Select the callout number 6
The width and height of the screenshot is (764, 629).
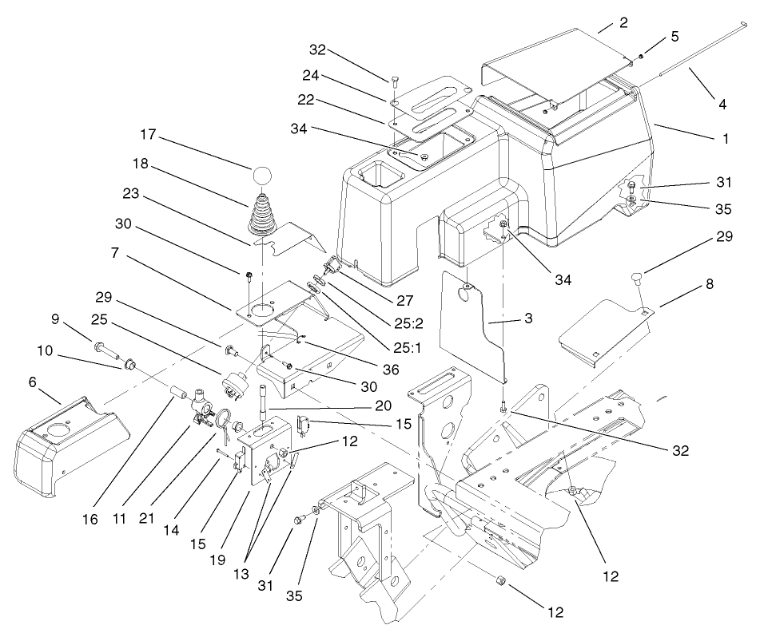pyautogui.click(x=33, y=382)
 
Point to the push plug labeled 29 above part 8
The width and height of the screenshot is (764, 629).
pyautogui.click(x=636, y=278)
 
